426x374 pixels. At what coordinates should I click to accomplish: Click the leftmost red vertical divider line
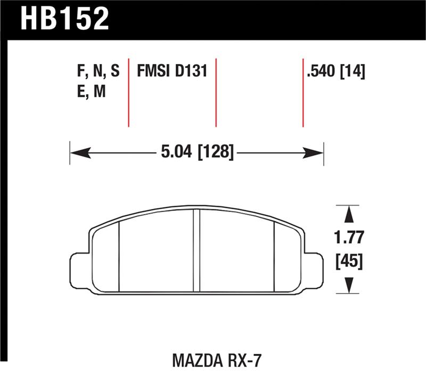pos(129,91)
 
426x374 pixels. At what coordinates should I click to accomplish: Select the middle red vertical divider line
pos(216,91)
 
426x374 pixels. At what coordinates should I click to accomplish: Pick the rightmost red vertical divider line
pos(302,91)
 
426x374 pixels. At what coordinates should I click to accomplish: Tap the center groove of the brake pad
pos(196,250)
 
